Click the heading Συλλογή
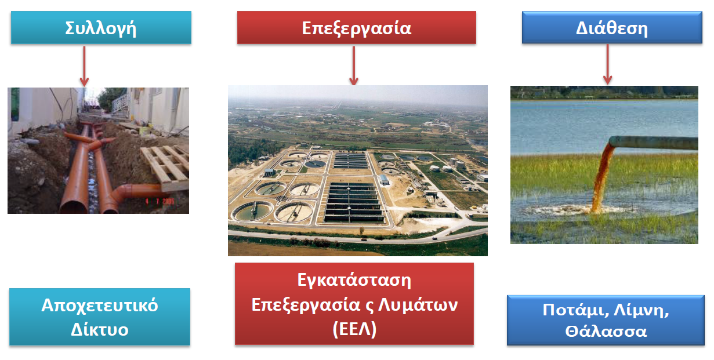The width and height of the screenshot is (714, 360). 101,28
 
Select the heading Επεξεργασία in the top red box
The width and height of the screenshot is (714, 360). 356,28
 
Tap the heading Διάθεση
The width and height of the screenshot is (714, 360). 612,28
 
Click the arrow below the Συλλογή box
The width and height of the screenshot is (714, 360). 84,66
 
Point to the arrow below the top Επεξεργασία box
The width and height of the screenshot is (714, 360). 353,66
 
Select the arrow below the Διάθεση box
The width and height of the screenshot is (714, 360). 607,64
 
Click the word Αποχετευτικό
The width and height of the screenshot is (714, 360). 100,306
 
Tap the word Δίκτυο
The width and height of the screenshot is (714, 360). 100,329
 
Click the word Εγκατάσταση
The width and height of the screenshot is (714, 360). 354,280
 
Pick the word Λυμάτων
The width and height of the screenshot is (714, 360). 418,305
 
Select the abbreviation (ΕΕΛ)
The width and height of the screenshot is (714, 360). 354,329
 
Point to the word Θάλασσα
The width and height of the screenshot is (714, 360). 606,332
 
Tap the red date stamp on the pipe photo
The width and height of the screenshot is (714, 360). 160,201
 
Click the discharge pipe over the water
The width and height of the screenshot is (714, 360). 654,143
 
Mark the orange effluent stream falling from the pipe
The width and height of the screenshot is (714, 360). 601,179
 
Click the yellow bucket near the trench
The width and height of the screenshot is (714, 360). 145,130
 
